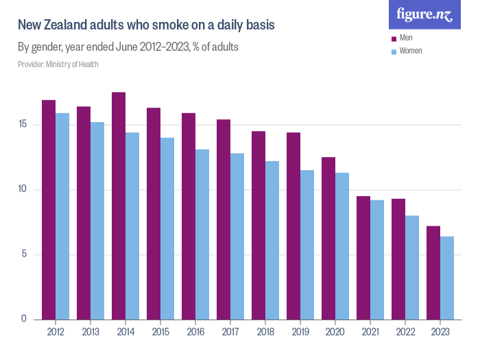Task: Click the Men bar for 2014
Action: (119, 206)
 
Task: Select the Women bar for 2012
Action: (62, 216)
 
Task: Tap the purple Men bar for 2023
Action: (433, 272)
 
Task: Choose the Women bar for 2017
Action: (237, 236)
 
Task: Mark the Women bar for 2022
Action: (412, 267)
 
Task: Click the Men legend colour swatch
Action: (394, 38)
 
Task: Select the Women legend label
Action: (411, 51)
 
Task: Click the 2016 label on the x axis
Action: (195, 332)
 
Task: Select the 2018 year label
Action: (265, 332)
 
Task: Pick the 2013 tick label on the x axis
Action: (91, 332)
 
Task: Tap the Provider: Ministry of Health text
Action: (58, 64)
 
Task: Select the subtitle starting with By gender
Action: (128, 47)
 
